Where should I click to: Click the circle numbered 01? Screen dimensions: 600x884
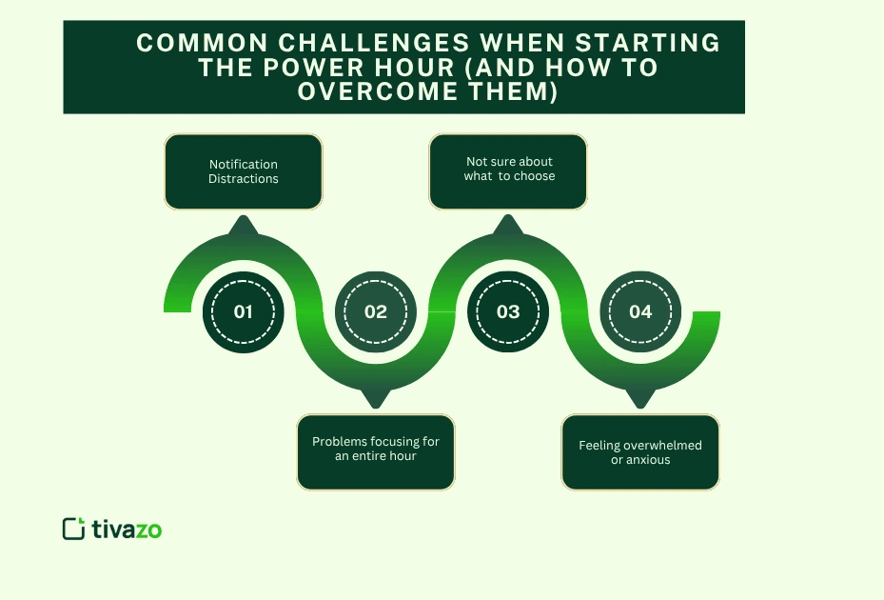coord(243,311)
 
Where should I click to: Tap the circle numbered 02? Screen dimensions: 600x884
coord(376,311)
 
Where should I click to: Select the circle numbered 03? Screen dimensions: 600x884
coord(508,311)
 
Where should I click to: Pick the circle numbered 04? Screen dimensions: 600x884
coord(640,311)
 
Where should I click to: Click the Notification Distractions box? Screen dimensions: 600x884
coord(244,171)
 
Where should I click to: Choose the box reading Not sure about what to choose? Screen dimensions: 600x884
coord(508,171)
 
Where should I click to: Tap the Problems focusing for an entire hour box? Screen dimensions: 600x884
coord(376,451)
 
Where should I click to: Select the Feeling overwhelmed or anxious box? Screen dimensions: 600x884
coord(640,451)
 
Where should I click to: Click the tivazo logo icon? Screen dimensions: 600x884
coord(73,529)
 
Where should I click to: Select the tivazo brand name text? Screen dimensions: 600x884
coord(127,530)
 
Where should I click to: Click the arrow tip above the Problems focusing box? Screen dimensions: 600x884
coord(376,401)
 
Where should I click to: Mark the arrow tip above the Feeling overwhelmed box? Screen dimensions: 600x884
coord(640,401)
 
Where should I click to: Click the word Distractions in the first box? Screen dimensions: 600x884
coord(244,179)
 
